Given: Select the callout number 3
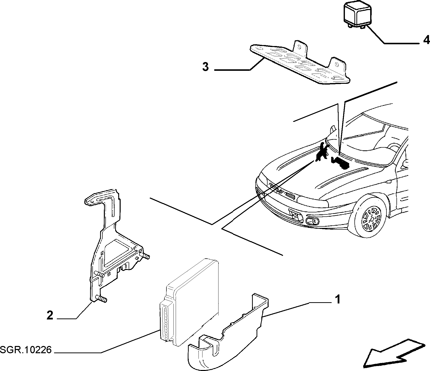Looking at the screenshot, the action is [x=205, y=67].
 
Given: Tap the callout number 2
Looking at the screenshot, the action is [x=50, y=316].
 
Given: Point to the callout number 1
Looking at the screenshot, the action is [x=338, y=299].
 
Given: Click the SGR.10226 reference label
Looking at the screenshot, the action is [x=26, y=350].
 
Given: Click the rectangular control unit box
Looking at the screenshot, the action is [x=189, y=300].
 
